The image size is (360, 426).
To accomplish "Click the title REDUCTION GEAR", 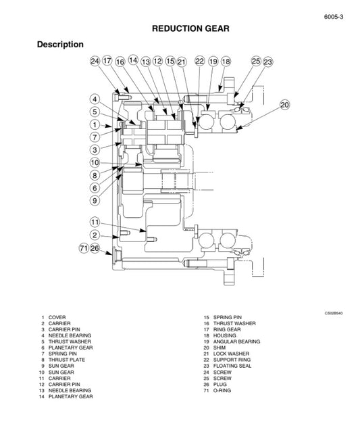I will pyautogui.click(x=190, y=28).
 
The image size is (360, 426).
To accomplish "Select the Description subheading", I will pyautogui.click(x=60, y=45).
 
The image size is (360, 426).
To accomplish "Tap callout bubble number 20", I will pyautogui.click(x=284, y=105).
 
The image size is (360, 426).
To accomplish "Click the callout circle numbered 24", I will pyautogui.click(x=95, y=62).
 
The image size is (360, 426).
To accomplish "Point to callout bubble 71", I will pyautogui.click(x=84, y=248).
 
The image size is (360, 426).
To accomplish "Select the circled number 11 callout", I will pyautogui.click(x=95, y=222).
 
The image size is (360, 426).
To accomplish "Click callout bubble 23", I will pyautogui.click(x=267, y=62).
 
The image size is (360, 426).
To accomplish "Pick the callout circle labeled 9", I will pyautogui.click(x=95, y=200).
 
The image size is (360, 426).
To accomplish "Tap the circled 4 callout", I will pyautogui.click(x=95, y=99).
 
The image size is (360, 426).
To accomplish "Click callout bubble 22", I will pyautogui.click(x=199, y=62).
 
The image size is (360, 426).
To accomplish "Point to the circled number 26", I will pyautogui.click(x=95, y=248).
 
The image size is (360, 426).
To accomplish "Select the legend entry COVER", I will pyautogui.click(x=57, y=317).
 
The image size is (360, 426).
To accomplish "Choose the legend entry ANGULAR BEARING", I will pyautogui.click(x=236, y=341).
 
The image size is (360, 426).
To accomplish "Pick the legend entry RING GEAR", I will pyautogui.click(x=227, y=329).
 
